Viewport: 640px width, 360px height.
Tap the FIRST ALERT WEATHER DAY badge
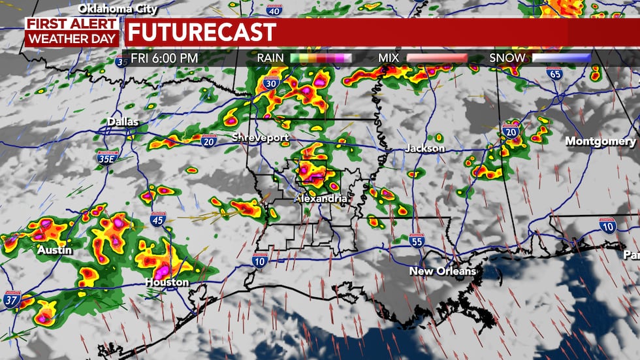(72, 31)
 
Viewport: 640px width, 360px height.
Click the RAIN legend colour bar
(321, 57)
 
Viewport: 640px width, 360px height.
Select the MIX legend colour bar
(437, 57)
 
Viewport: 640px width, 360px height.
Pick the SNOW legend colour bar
(562, 57)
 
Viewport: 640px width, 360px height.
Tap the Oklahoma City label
(118, 8)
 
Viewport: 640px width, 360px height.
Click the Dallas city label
(123, 122)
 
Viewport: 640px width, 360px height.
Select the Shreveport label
(259, 137)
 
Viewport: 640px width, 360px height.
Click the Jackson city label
(424, 148)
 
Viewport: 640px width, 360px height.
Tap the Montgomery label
(600, 141)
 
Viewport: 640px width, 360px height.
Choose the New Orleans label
(443, 270)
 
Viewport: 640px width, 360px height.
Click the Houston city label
(167, 282)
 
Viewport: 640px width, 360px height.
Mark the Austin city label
(54, 250)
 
